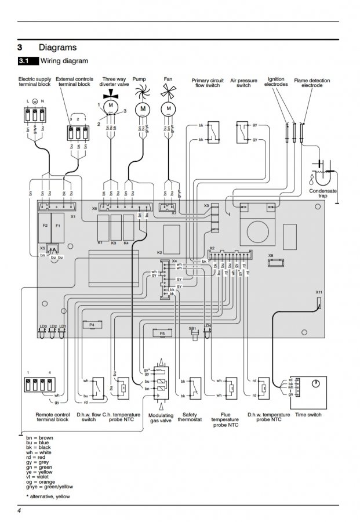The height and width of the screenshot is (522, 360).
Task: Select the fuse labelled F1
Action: pos(57,224)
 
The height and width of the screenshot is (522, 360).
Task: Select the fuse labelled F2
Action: pos(46,224)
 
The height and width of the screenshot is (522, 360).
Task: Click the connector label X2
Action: pos(212,248)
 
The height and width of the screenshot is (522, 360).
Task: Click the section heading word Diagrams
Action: pos(57,48)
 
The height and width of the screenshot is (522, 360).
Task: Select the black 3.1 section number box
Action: pos(28,61)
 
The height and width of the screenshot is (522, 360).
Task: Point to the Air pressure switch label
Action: pos(243,82)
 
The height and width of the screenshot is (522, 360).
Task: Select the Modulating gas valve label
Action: pos(161,418)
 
